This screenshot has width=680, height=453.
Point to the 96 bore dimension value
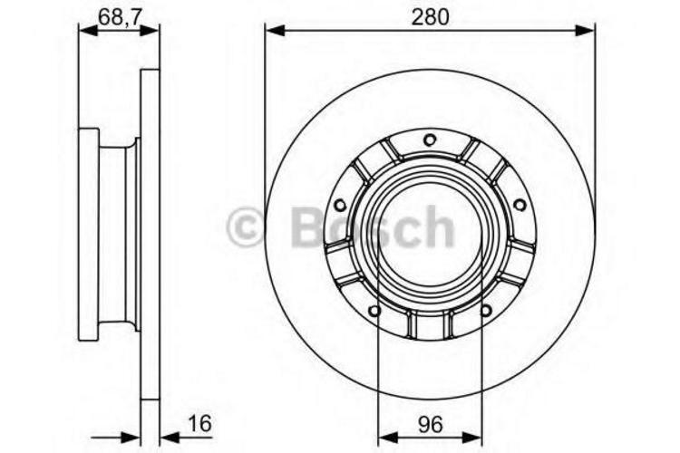click(x=430, y=421)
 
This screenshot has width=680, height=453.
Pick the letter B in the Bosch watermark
click(x=306, y=227)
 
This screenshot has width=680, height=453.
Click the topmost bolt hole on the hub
click(x=430, y=139)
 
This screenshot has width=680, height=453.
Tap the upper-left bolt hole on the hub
click(x=340, y=206)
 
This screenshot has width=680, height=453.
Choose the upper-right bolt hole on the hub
click(x=520, y=206)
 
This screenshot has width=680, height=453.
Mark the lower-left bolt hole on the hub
click(x=374, y=311)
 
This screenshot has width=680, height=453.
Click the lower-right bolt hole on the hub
click(x=486, y=311)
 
